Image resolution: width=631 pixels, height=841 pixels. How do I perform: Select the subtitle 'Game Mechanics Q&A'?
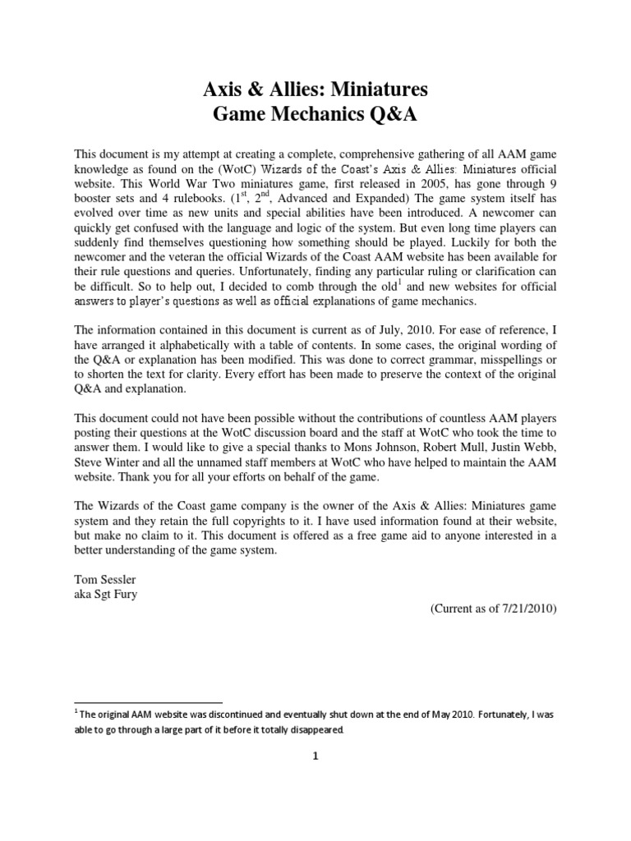pos(315,115)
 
